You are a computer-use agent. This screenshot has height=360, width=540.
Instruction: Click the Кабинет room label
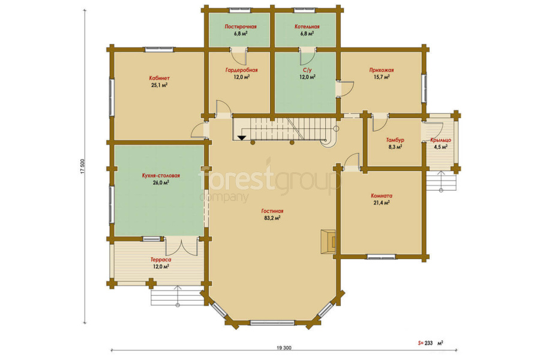[x=159, y=78]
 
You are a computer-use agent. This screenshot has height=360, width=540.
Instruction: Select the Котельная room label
[x=307, y=26]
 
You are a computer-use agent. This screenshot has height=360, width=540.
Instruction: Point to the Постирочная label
[x=241, y=26]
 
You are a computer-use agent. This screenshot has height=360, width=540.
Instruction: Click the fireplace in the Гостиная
[x=328, y=242]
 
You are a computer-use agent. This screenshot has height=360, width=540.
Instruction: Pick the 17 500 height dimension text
[x=82, y=166]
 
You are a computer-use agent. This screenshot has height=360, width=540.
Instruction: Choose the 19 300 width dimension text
[x=284, y=348]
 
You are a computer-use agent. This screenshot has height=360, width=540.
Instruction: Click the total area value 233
[x=428, y=343]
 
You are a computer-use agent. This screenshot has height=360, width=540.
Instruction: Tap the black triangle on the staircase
[x=242, y=138]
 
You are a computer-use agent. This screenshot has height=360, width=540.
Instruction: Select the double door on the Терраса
[x=181, y=246]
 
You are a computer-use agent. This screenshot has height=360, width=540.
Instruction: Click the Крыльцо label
[x=440, y=140]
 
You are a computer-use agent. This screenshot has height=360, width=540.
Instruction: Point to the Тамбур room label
[x=395, y=140]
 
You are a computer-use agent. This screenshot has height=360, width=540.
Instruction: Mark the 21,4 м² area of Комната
[x=382, y=203]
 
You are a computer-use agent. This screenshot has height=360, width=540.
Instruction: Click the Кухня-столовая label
[x=161, y=176]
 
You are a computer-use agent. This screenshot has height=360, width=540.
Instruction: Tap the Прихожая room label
[x=382, y=70]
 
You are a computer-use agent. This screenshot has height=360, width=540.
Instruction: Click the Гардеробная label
[x=241, y=70]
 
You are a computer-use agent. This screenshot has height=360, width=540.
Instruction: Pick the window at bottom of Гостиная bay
[x=272, y=323]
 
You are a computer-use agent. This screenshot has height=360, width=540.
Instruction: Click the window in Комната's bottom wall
[x=381, y=256]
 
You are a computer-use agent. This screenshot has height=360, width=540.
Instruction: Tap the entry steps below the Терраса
[x=178, y=296]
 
